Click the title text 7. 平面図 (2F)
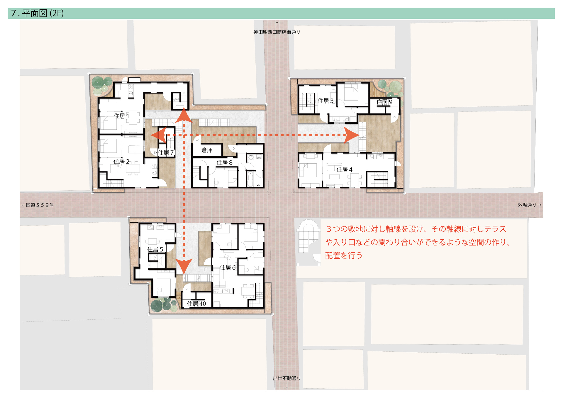coord(37,13)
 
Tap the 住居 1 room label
coord(121,116)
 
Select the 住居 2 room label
coord(121,162)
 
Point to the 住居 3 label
coord(325,101)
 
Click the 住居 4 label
coord(344,170)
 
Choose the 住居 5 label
coord(155,249)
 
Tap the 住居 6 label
coord(228,267)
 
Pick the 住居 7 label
coord(166,153)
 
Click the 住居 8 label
coord(224,163)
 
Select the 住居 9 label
coord(384,102)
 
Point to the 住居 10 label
coord(196,304)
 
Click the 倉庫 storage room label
coord(207,150)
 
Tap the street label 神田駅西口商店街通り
coord(277,32)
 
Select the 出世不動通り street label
coord(287,378)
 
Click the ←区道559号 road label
coord(38,205)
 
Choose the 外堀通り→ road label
coord(529,205)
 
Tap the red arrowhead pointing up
coord(184,115)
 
